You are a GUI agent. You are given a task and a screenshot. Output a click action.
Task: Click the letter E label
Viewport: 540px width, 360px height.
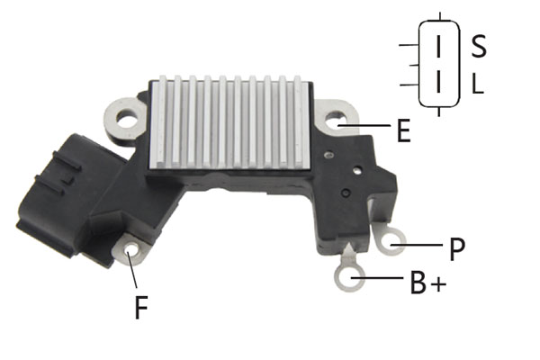tap(403, 130)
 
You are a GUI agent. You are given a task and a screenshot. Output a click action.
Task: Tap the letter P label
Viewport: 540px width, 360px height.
tap(457, 249)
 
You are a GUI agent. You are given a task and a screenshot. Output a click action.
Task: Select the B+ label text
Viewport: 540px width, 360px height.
tap(428, 283)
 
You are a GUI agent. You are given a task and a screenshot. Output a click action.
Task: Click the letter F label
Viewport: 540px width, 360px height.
tap(141, 307)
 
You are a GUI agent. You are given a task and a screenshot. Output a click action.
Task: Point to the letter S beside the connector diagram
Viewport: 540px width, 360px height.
tap(479, 46)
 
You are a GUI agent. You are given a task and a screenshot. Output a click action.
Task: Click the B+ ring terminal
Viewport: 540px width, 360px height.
tap(349, 278)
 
